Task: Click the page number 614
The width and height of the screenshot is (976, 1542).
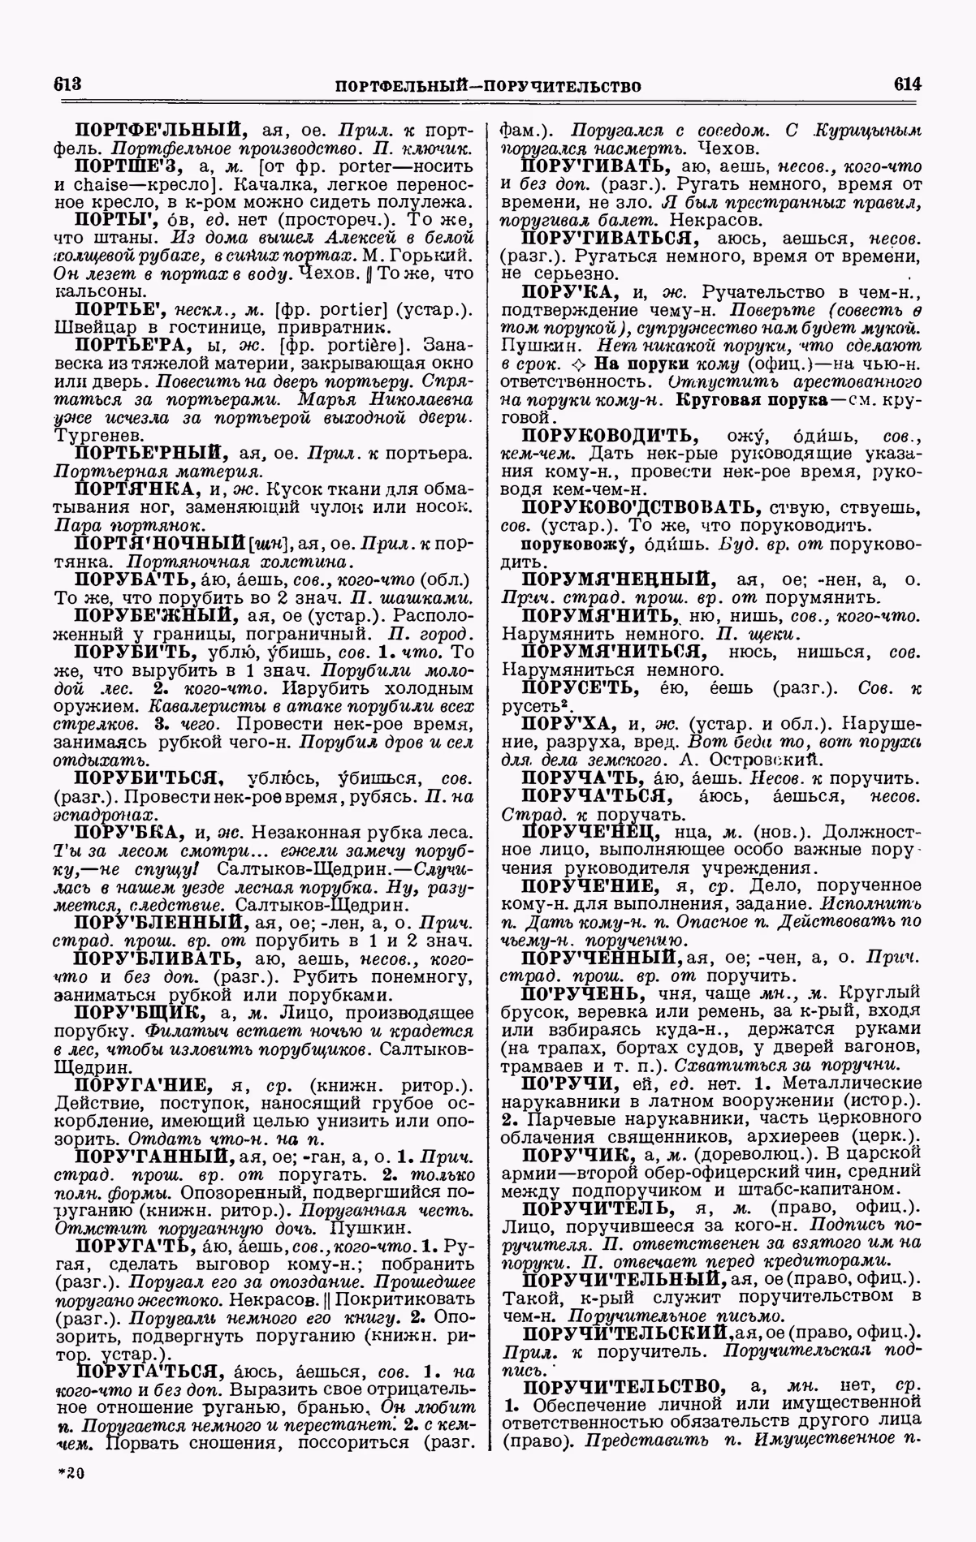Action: click(x=907, y=84)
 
